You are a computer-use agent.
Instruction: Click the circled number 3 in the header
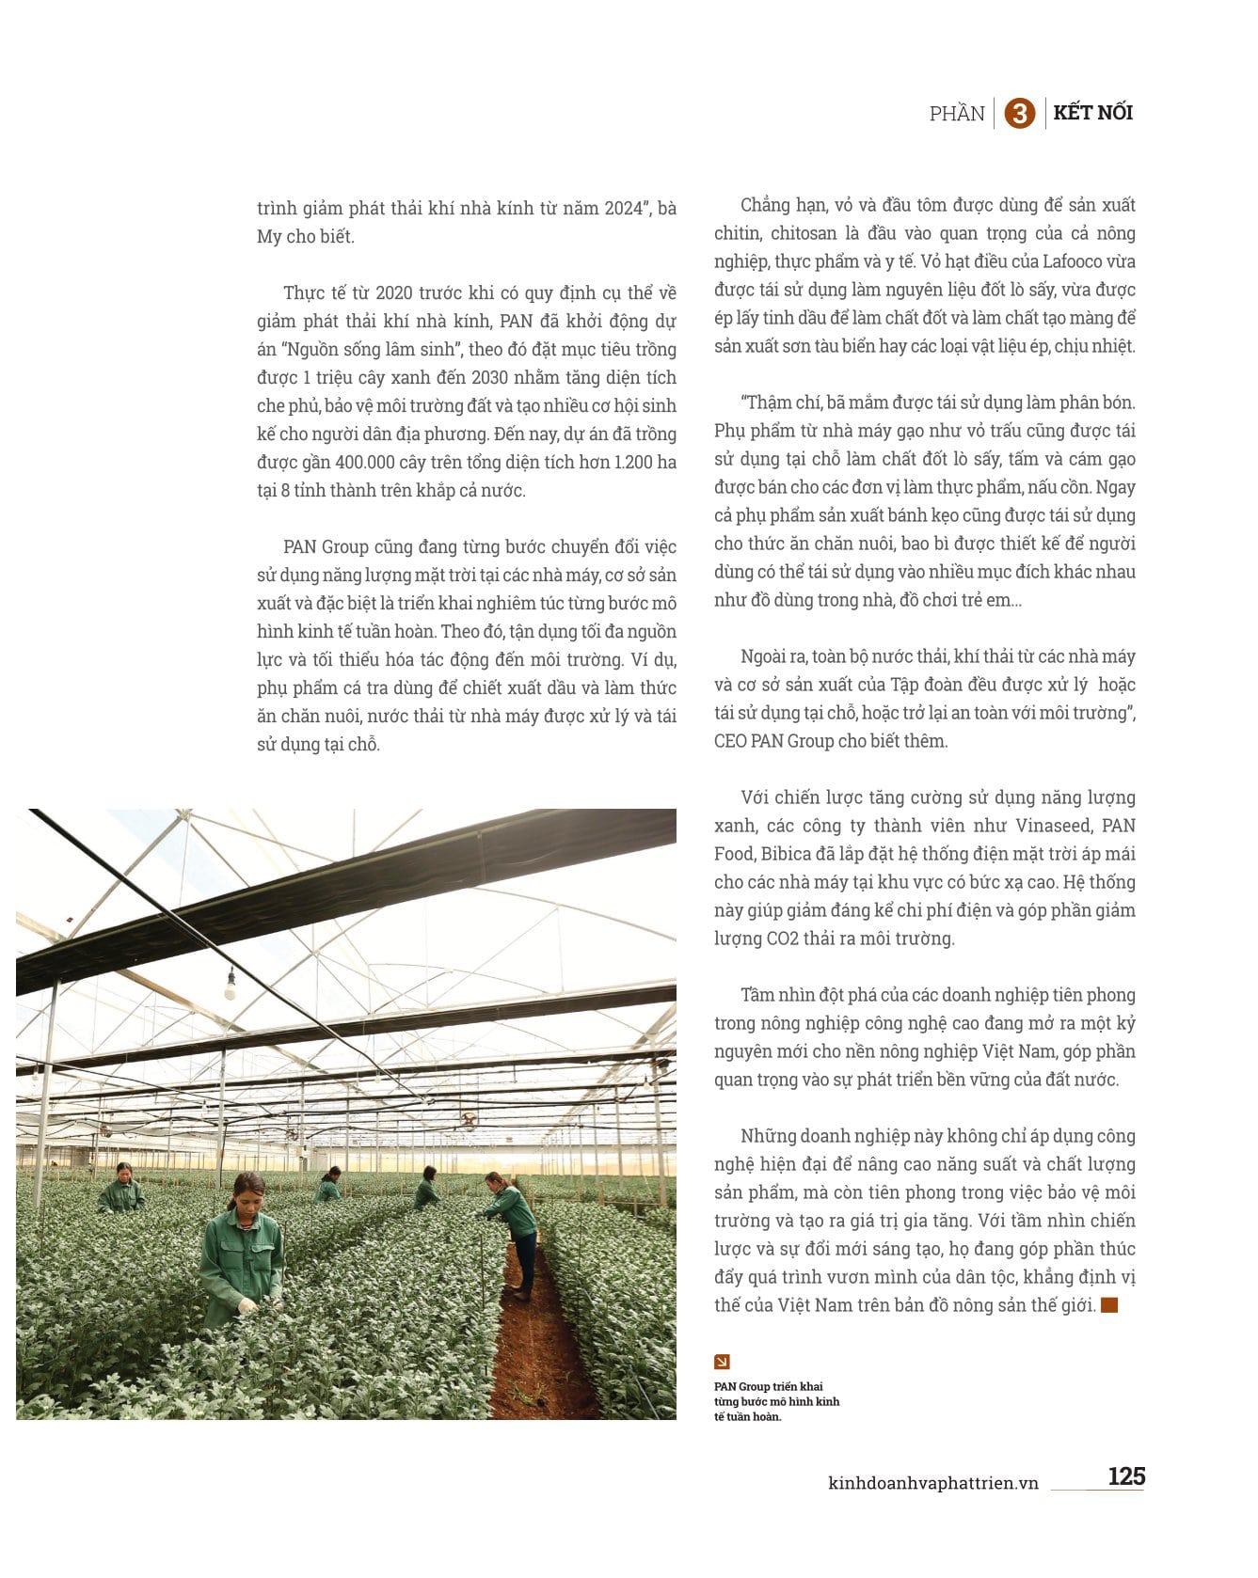(x=1019, y=114)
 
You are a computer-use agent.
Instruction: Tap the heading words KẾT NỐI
(x=1092, y=113)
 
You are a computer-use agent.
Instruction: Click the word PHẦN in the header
(x=956, y=114)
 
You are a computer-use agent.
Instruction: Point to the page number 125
(x=1125, y=1475)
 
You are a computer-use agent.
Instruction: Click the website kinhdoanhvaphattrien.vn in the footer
(x=932, y=1483)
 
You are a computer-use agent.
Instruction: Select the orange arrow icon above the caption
(x=722, y=1362)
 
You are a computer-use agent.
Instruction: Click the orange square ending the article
(x=1109, y=1305)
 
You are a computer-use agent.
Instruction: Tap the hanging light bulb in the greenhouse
(x=230, y=986)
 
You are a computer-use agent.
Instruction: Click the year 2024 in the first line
(x=622, y=208)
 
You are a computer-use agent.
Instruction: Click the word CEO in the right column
(x=730, y=741)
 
